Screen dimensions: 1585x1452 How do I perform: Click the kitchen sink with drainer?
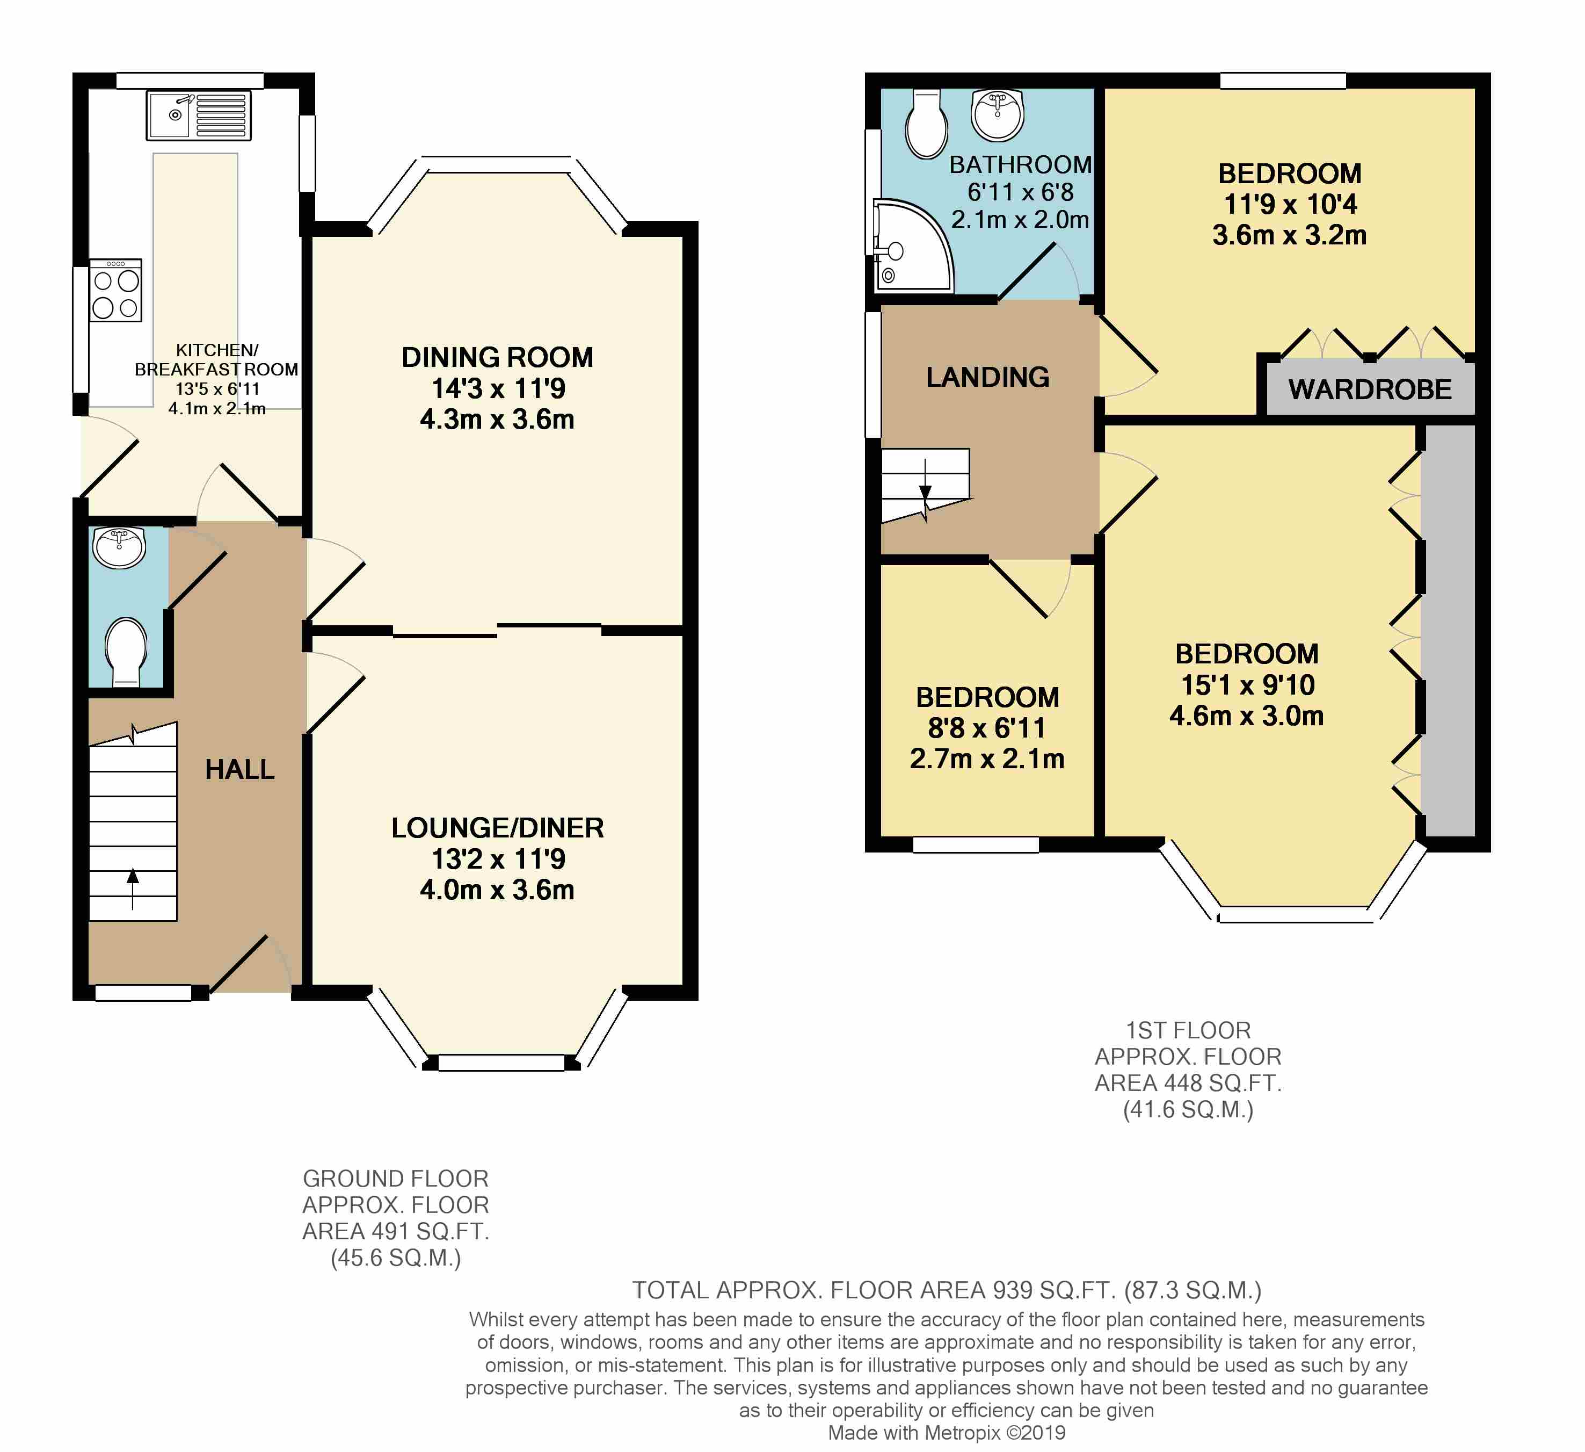click(x=198, y=115)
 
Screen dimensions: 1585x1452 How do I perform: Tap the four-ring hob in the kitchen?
click(x=115, y=290)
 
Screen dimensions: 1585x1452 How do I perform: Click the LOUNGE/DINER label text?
click(x=498, y=828)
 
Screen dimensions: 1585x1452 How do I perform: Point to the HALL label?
click(x=240, y=769)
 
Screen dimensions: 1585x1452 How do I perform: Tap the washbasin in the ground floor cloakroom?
click(x=119, y=547)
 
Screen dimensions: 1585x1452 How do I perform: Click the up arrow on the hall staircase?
click(x=133, y=888)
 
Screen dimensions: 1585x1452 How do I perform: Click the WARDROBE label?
click(x=1370, y=389)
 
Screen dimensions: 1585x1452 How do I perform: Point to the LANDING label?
click(x=987, y=378)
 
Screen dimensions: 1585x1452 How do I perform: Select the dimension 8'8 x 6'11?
click(x=987, y=728)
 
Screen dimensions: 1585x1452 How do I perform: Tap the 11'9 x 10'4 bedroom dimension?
click(x=1290, y=205)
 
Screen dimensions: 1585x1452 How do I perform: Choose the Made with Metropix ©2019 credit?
click(x=947, y=1433)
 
